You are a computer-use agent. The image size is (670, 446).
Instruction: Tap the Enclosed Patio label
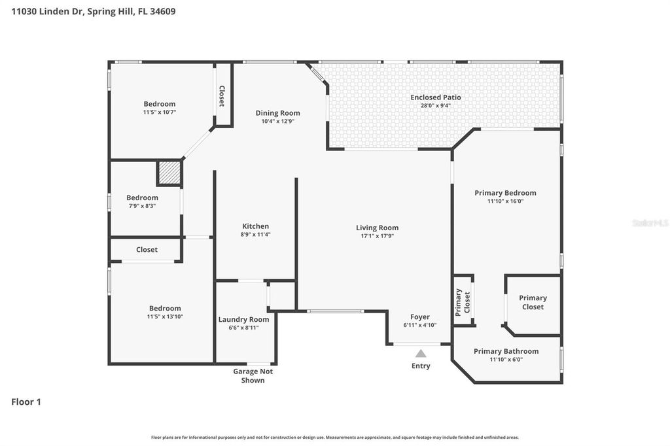pyautogui.click(x=435, y=97)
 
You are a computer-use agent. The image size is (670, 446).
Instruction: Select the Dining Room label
pyautogui.click(x=277, y=113)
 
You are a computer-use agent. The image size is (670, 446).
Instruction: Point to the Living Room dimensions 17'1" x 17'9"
pyautogui.click(x=377, y=236)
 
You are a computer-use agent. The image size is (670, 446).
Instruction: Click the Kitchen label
pyautogui.click(x=255, y=226)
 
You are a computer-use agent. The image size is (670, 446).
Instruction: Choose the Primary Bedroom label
pyautogui.click(x=505, y=193)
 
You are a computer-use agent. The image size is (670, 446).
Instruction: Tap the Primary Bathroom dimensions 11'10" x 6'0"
pyautogui.click(x=506, y=359)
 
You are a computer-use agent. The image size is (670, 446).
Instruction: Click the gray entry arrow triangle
pyautogui.click(x=421, y=353)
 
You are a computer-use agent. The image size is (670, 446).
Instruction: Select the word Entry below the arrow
pyautogui.click(x=421, y=366)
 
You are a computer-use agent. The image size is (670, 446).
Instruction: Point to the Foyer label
pyautogui.click(x=420, y=317)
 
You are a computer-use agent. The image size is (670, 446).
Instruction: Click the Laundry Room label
pyautogui.click(x=243, y=320)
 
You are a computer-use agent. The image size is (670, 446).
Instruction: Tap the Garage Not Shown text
pyautogui.click(x=253, y=375)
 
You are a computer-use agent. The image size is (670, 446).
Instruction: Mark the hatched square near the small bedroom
pyautogui.click(x=169, y=173)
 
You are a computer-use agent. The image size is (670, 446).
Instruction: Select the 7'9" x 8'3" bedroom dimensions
pyautogui.click(x=142, y=206)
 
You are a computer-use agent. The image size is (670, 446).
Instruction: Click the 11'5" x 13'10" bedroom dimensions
pyautogui.click(x=164, y=317)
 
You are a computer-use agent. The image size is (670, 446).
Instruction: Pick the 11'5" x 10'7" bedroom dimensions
pyautogui.click(x=160, y=112)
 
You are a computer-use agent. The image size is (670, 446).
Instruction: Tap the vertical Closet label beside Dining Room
pyautogui.click(x=222, y=96)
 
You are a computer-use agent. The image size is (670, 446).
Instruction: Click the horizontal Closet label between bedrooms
pyautogui.click(x=147, y=249)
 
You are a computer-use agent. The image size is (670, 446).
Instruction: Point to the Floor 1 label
pyautogui.click(x=26, y=402)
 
